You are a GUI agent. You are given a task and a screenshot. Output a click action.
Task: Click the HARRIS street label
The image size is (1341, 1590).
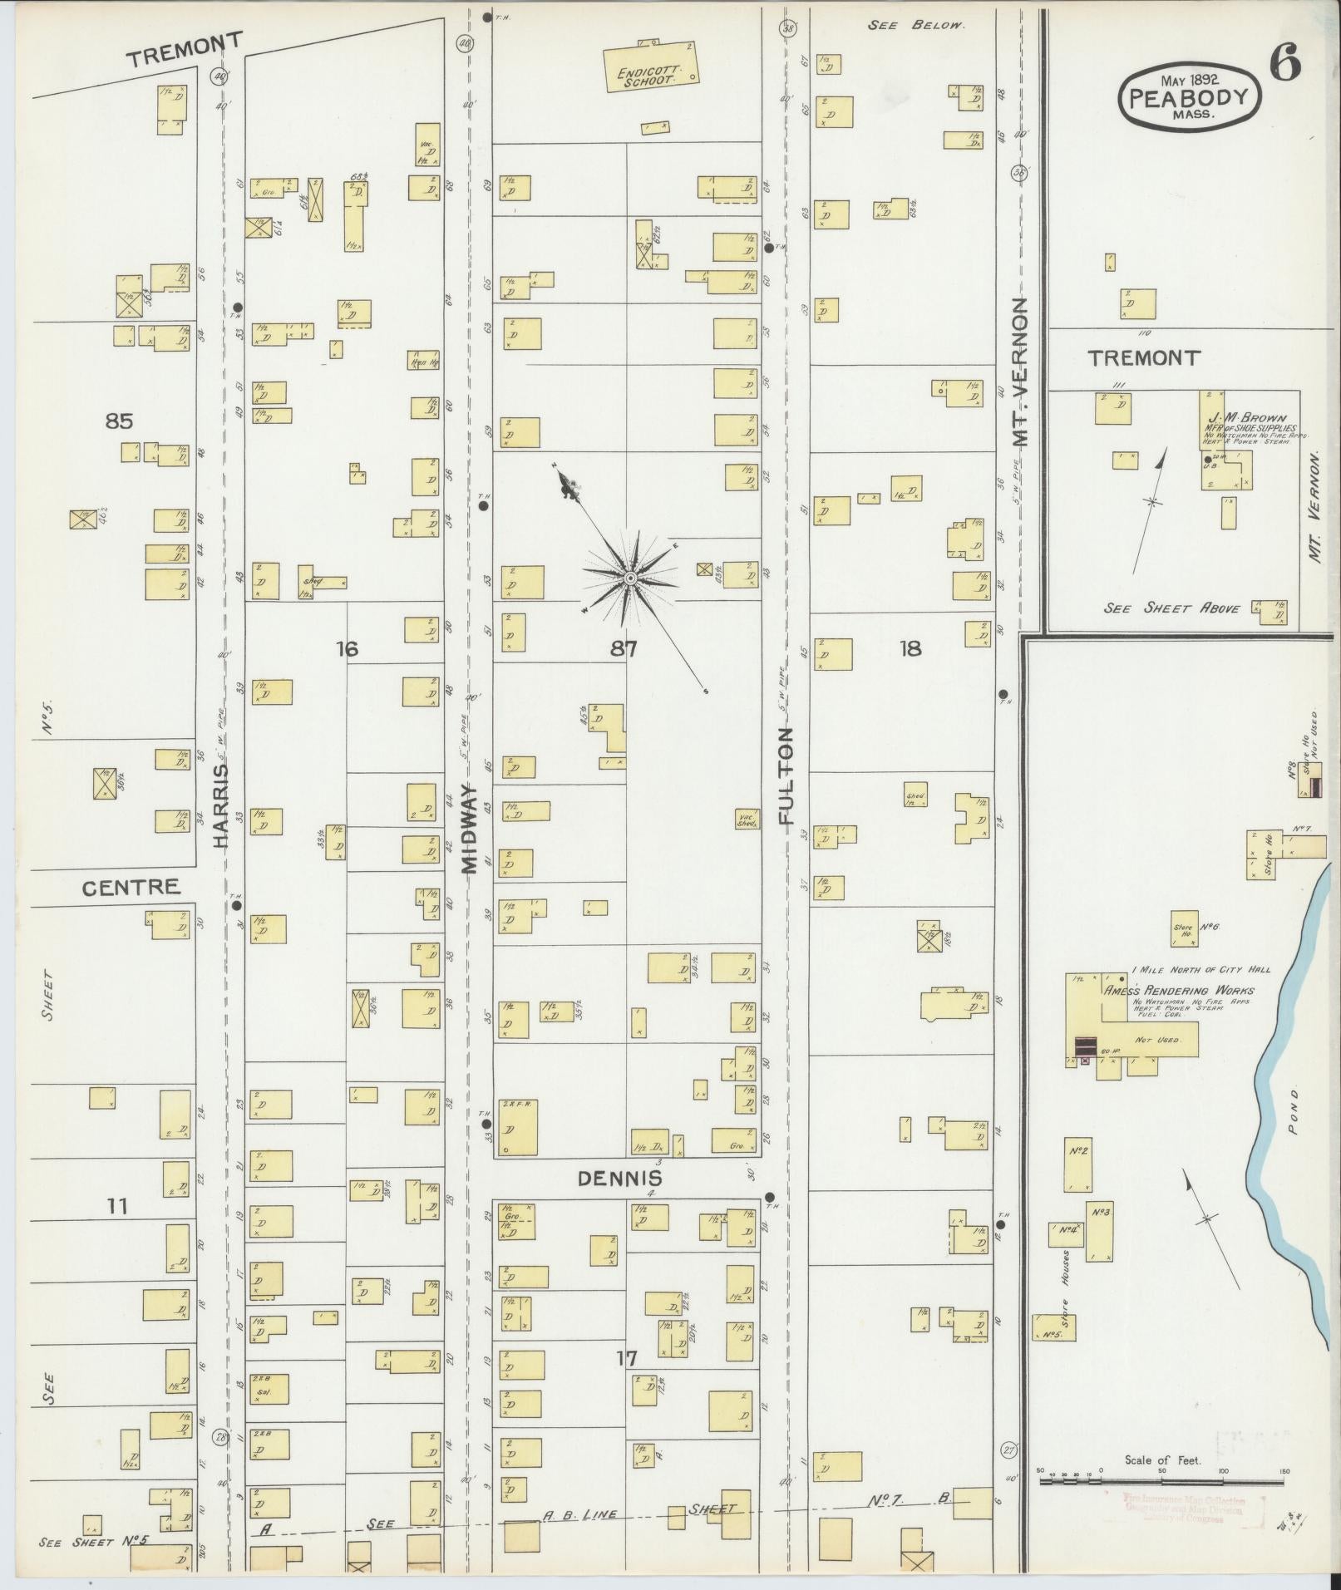(x=219, y=805)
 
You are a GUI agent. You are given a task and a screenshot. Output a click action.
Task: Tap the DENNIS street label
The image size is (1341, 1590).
(x=620, y=1178)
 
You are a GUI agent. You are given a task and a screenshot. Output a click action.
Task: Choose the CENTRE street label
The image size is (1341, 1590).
(x=131, y=887)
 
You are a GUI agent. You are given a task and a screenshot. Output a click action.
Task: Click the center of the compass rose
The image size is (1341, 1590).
(x=629, y=577)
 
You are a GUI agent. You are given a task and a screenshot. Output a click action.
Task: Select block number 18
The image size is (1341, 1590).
(x=910, y=648)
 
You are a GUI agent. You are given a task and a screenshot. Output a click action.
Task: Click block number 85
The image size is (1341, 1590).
(x=119, y=421)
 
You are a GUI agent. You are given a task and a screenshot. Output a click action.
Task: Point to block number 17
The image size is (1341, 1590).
(x=626, y=1358)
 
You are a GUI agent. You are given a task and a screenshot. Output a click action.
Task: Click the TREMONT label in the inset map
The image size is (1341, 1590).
(x=1144, y=358)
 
